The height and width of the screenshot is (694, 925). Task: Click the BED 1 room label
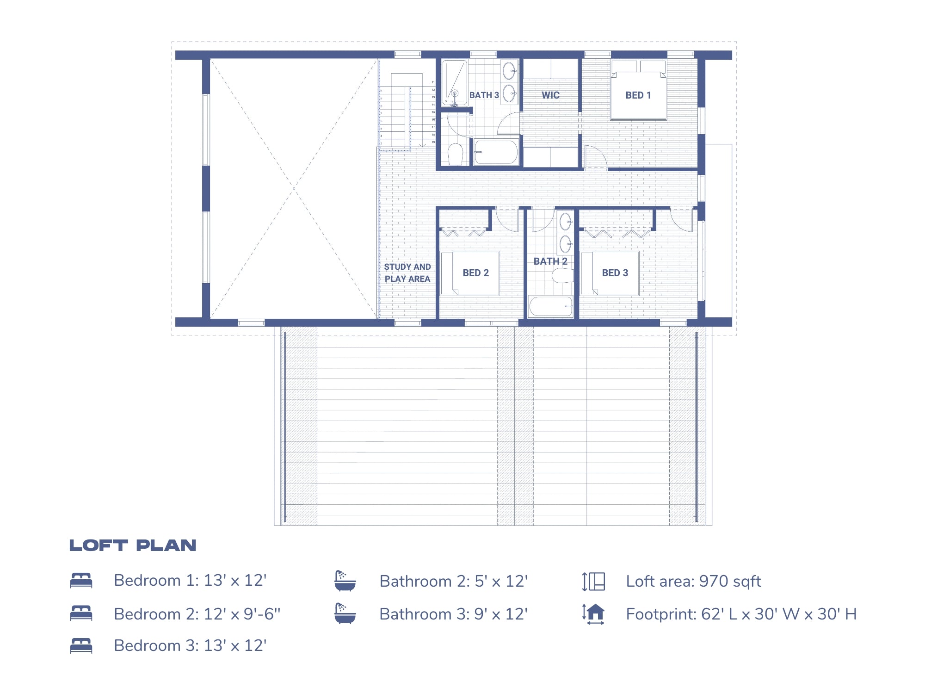638,95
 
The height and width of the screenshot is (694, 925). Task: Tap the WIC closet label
550,95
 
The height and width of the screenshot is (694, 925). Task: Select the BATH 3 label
484,95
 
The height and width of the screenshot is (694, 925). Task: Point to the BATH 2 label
550,261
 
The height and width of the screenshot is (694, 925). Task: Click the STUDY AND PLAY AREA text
407,273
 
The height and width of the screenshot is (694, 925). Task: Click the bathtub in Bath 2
550,306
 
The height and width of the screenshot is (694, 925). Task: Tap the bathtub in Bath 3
496,152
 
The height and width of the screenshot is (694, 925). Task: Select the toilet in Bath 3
456,154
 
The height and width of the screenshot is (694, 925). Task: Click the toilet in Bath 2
563,276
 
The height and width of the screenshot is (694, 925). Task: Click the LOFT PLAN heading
133,545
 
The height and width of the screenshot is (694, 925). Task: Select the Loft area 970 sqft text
693,582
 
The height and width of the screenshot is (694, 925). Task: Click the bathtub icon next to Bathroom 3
345,613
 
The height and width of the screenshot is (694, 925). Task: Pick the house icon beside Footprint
594,614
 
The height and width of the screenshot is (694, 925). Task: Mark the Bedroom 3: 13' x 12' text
190,645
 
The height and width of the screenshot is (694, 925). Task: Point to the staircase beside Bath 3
407,113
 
